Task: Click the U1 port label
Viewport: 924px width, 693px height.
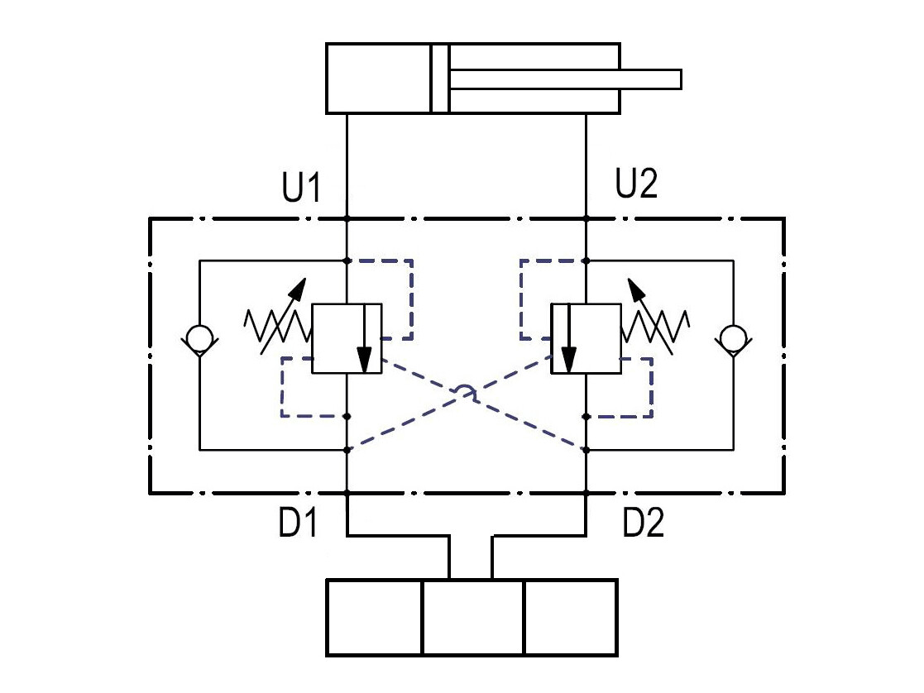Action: tap(301, 187)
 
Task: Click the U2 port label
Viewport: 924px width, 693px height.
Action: tap(636, 183)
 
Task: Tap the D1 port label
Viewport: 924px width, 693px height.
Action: tap(298, 522)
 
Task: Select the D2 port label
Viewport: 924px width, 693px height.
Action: tap(644, 522)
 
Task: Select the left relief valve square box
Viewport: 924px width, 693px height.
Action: tap(347, 339)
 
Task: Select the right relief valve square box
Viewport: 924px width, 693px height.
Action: tap(586, 339)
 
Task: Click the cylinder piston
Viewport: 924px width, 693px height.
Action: tap(439, 78)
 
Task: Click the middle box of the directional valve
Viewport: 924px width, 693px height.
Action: tap(473, 618)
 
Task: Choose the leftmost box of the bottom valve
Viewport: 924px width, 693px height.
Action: tap(375, 618)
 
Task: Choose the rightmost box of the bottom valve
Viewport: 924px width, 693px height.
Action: tap(571, 618)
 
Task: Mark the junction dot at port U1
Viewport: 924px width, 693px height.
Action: tap(347, 218)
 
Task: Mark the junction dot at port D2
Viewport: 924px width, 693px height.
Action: tap(586, 491)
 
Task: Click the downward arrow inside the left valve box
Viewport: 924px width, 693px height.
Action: tap(365, 339)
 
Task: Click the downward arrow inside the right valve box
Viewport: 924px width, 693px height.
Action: tap(568, 339)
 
